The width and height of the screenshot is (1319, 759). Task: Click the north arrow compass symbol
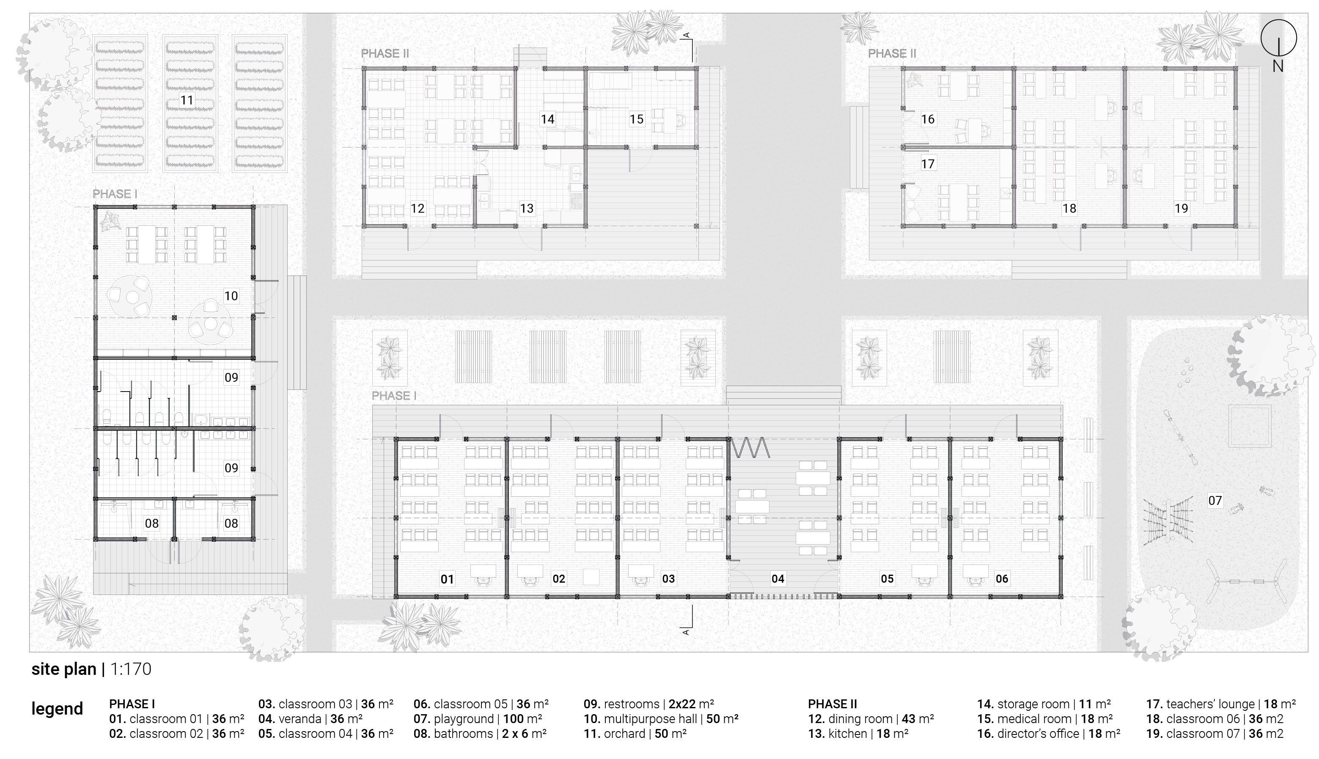tap(1278, 38)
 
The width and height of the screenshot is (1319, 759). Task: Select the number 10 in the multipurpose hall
tap(231, 296)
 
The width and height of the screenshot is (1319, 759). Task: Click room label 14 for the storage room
tap(547, 119)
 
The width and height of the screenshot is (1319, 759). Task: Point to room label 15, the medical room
tap(636, 119)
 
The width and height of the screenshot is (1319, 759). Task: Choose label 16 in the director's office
tap(927, 119)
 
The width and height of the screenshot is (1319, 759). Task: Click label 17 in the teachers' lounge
tap(927, 164)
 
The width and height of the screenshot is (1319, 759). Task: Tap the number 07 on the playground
tap(1215, 501)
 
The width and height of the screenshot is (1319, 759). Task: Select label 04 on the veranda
tap(778, 578)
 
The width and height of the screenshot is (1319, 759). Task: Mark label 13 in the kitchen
tap(527, 208)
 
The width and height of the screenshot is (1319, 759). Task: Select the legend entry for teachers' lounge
tap(1220, 704)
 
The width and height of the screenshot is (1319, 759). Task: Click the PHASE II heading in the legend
tap(832, 704)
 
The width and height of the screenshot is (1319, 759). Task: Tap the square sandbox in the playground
tap(1249, 426)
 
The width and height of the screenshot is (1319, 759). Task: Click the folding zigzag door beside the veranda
tap(750, 448)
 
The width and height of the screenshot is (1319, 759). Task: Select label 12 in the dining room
tap(417, 208)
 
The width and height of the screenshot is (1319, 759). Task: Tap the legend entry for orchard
tap(635, 734)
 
